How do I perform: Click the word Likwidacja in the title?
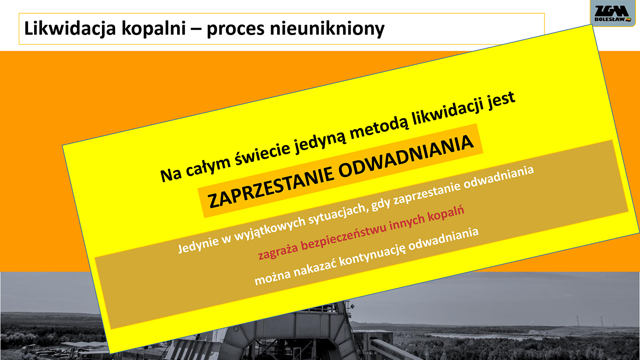(70, 29)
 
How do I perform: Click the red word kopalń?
(445, 215)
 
